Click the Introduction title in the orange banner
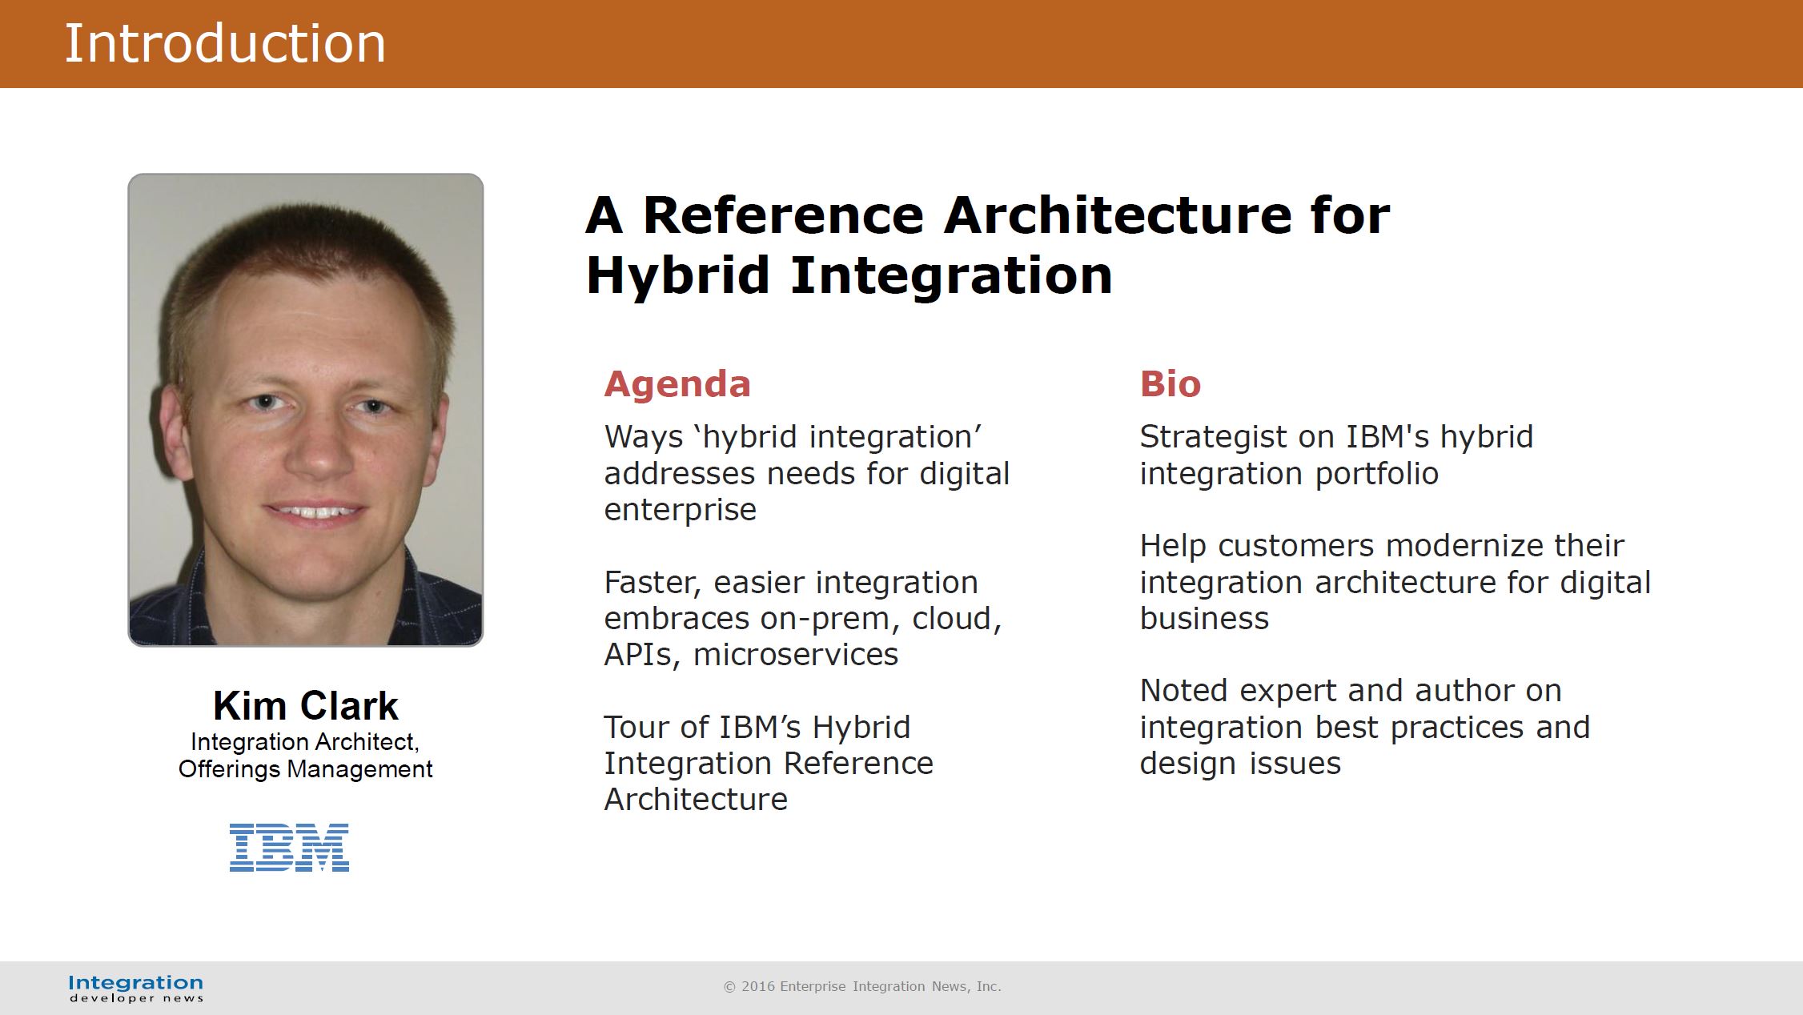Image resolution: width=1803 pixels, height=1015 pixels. pos(225,43)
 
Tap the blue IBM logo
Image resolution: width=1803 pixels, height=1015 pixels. pos(289,847)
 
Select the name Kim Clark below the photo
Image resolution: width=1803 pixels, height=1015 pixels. pos(305,705)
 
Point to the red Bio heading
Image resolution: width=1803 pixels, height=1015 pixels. pos(1171,384)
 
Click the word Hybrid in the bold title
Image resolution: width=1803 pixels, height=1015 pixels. pos(677,275)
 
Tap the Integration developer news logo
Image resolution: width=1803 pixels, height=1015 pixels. pos(136,988)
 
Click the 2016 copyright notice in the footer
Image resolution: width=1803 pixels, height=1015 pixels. pos(862,986)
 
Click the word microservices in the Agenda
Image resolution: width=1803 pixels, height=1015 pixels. pos(796,655)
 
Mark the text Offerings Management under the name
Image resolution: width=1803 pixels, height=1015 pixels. pos(305,769)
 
